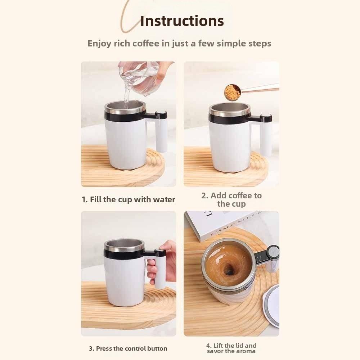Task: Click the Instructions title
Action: [x=182, y=21]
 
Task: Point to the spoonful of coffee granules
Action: [x=233, y=92]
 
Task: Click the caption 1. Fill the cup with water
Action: [x=128, y=199]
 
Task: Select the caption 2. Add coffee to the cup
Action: [x=231, y=200]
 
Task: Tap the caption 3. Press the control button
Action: [x=128, y=348]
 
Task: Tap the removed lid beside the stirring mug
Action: [x=273, y=304]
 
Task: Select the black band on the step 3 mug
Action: [x=124, y=253]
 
